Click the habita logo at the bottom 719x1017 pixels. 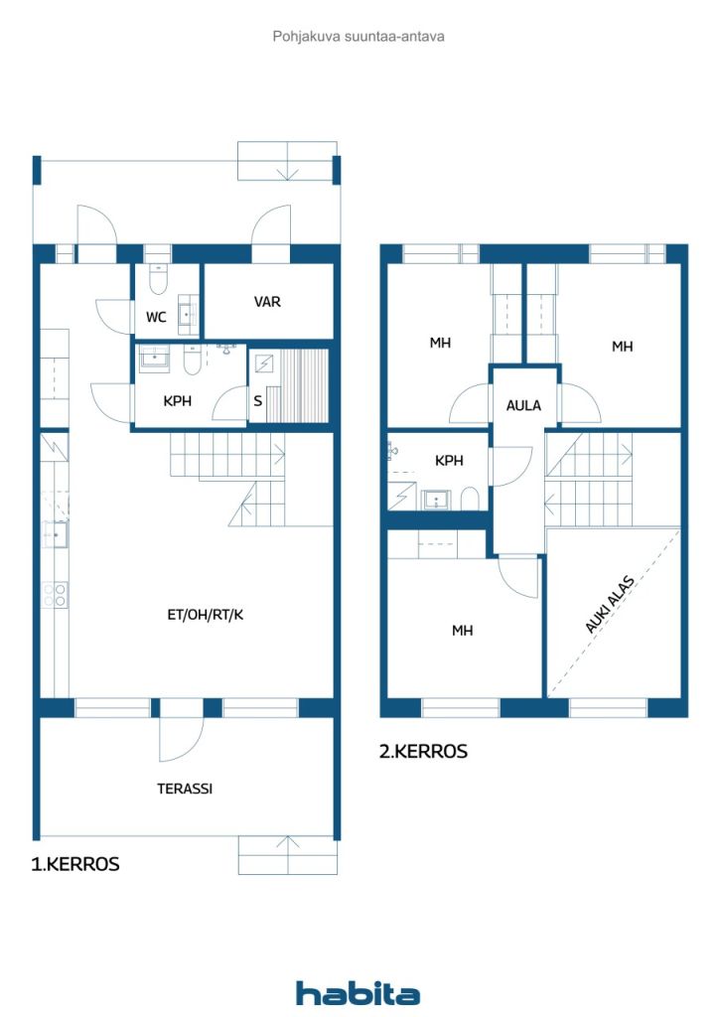click(x=358, y=993)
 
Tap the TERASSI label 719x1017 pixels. click(x=185, y=790)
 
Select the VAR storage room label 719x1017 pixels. click(x=267, y=302)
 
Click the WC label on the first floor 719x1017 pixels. click(x=156, y=318)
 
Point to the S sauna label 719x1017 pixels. click(x=258, y=401)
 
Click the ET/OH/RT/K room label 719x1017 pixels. click(x=205, y=615)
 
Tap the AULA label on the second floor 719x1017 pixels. click(x=523, y=405)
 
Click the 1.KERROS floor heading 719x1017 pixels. click(x=75, y=864)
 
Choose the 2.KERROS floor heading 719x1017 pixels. click(x=423, y=752)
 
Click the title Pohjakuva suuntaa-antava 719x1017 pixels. click(x=359, y=36)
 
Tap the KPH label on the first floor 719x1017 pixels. click(x=177, y=401)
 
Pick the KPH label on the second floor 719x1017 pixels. click(x=449, y=461)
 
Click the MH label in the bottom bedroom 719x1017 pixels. click(x=462, y=631)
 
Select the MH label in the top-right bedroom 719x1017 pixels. click(x=622, y=347)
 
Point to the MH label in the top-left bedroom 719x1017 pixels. click(x=440, y=343)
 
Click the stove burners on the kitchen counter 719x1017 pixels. click(x=55, y=595)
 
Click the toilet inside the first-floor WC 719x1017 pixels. click(x=158, y=277)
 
